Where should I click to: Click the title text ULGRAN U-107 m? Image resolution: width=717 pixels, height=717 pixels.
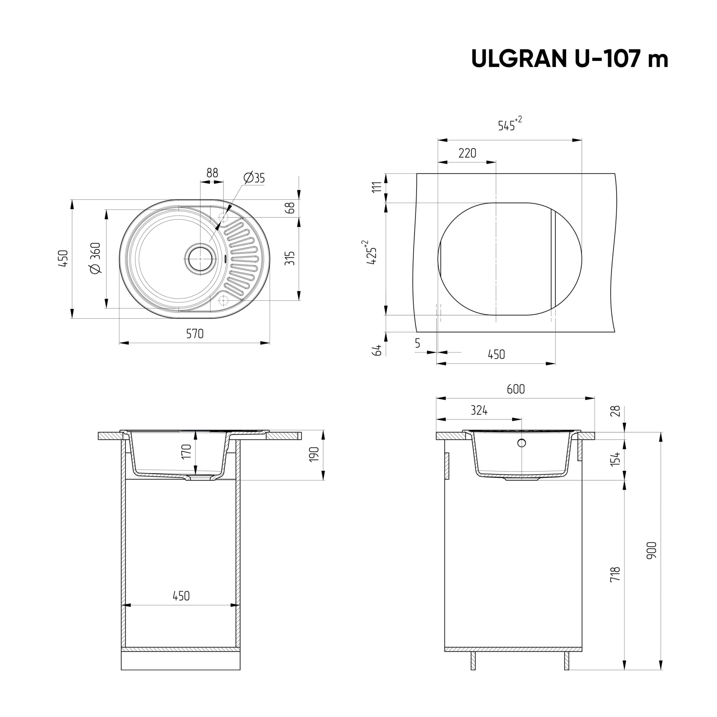[569, 59]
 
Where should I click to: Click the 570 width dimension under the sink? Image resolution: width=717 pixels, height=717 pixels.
[195, 334]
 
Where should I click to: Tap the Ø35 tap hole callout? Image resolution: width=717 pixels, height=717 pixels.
[255, 178]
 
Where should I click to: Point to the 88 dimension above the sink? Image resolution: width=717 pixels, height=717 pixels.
[212, 173]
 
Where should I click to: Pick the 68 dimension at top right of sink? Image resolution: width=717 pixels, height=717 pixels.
[291, 208]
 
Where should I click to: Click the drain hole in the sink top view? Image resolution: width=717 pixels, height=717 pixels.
[200, 259]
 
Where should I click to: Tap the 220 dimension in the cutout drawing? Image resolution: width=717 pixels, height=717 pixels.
[467, 153]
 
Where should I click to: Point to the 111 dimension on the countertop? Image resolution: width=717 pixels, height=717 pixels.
[377, 187]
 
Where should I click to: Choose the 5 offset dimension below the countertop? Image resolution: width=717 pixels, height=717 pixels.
[418, 344]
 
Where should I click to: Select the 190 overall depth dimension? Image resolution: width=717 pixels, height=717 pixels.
[314, 455]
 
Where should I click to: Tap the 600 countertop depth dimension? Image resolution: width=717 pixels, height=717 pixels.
[516, 389]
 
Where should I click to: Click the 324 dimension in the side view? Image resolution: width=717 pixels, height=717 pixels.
[479, 410]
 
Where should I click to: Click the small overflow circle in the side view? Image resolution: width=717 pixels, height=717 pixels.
[522, 443]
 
